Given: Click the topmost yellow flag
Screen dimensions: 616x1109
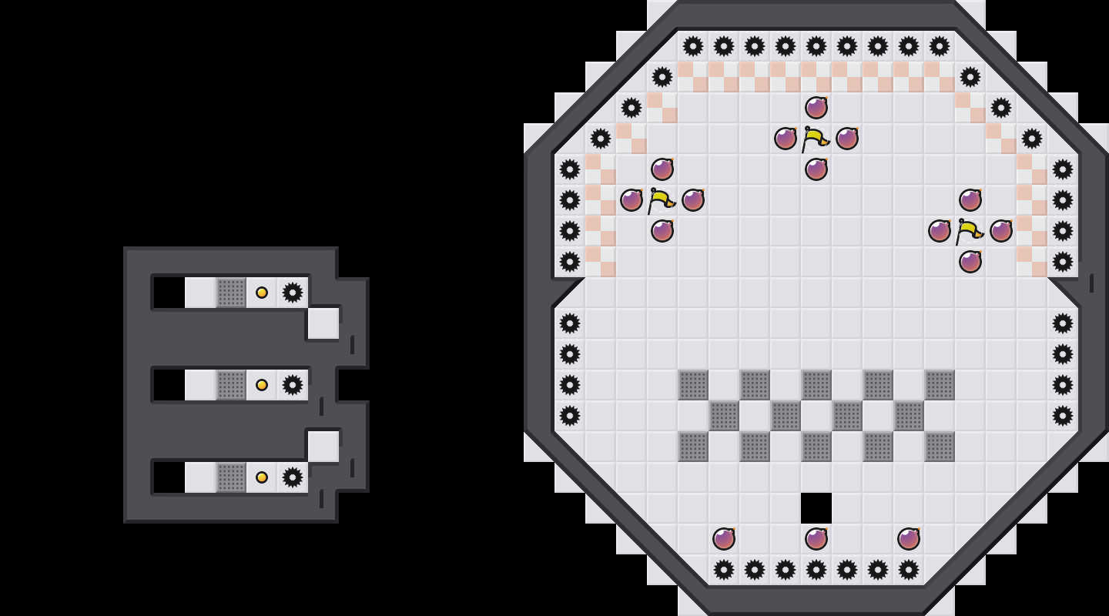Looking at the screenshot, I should pos(815,139).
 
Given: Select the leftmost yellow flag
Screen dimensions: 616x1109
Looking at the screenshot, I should pos(661,201).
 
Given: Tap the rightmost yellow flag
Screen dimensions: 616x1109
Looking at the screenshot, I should pos(969,232).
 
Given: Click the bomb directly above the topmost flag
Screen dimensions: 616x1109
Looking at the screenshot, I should pos(816,108).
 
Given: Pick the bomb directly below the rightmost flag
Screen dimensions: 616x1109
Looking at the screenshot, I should pos(970,262).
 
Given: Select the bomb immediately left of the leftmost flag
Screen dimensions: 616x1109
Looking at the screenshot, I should pos(632,200).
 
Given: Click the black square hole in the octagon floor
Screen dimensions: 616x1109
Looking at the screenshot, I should pos(816,508).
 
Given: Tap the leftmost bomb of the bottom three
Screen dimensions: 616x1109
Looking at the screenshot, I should pos(724,539).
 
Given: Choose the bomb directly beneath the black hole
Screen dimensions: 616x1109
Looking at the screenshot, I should pos(816,539).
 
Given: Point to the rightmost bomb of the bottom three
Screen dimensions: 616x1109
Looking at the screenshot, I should pos(909,539).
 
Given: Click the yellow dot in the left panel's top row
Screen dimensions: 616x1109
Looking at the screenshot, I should pos(262,293).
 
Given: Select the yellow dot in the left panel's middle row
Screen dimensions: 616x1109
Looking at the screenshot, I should pos(262,385).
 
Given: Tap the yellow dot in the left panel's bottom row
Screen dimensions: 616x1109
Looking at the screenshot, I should pos(262,477).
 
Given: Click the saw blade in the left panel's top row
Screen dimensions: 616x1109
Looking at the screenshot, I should pos(293,293).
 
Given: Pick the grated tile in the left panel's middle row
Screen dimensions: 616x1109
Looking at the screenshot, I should pos(231,385).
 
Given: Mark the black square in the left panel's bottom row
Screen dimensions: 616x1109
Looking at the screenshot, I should pos(169,477).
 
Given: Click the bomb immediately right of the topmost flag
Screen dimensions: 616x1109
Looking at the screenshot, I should pos(847,139).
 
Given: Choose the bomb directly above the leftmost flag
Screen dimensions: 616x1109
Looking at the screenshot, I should pos(662,169).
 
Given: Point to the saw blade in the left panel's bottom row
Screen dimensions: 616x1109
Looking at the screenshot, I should pos(293,477).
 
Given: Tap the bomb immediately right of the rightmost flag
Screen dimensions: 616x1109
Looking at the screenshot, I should pos(1001,231).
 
